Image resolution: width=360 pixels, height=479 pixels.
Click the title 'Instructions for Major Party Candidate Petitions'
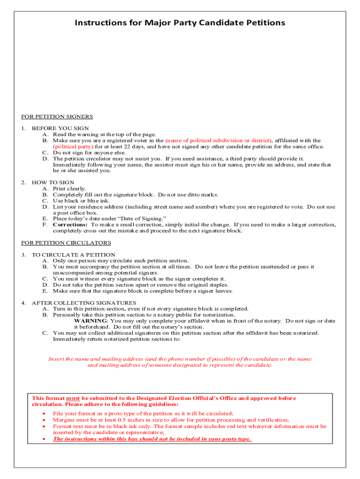pos(180,22)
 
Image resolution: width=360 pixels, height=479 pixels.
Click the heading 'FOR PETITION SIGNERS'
pos(57,116)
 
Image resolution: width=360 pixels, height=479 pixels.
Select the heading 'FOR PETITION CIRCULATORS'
pos(66,243)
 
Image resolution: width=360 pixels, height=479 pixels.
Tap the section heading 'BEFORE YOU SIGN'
pos(60,128)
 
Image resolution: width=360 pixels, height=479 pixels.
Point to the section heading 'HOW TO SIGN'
pos(53,182)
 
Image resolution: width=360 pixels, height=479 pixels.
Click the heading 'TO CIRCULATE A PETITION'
pos(73,255)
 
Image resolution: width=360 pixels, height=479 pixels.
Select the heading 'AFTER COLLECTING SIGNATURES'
pos(84,303)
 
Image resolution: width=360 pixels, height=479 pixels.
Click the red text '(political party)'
pos(73,146)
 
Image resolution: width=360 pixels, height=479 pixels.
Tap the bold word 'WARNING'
pos(91,321)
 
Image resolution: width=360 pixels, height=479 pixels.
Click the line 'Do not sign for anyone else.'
pos(89,152)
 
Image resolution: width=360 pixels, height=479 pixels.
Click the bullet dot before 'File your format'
pos(43,414)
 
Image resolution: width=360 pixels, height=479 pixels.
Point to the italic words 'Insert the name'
pos(70,359)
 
